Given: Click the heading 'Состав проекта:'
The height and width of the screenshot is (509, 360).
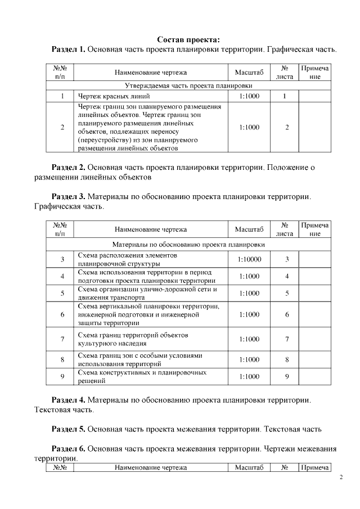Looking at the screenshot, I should click(188, 39).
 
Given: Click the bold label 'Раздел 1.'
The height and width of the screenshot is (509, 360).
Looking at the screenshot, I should click(68, 49).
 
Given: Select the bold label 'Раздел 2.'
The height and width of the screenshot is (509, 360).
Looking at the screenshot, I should click(68, 167).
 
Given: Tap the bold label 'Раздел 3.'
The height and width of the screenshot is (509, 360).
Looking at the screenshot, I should click(68, 196).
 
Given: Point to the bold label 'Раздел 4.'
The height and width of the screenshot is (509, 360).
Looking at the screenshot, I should click(68, 400).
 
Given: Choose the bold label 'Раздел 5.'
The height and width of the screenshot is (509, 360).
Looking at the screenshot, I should click(68, 429).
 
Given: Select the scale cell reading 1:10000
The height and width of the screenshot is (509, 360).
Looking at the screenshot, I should click(249, 259).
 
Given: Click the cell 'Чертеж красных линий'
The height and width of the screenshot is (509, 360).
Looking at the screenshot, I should click(106, 96).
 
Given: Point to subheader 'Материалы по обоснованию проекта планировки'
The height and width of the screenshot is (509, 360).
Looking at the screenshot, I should click(188, 245).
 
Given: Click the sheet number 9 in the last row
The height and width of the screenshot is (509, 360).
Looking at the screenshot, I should click(287, 376).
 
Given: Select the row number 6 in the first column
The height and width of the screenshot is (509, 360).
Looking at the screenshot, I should click(62, 315).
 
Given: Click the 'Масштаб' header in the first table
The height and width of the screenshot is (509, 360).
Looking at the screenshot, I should click(249, 72).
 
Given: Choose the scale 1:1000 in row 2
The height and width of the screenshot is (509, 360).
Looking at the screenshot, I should click(249, 128).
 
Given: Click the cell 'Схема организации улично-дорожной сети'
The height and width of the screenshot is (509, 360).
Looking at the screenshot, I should click(147, 293).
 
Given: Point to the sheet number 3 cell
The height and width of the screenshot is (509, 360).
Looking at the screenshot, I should click(287, 259).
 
